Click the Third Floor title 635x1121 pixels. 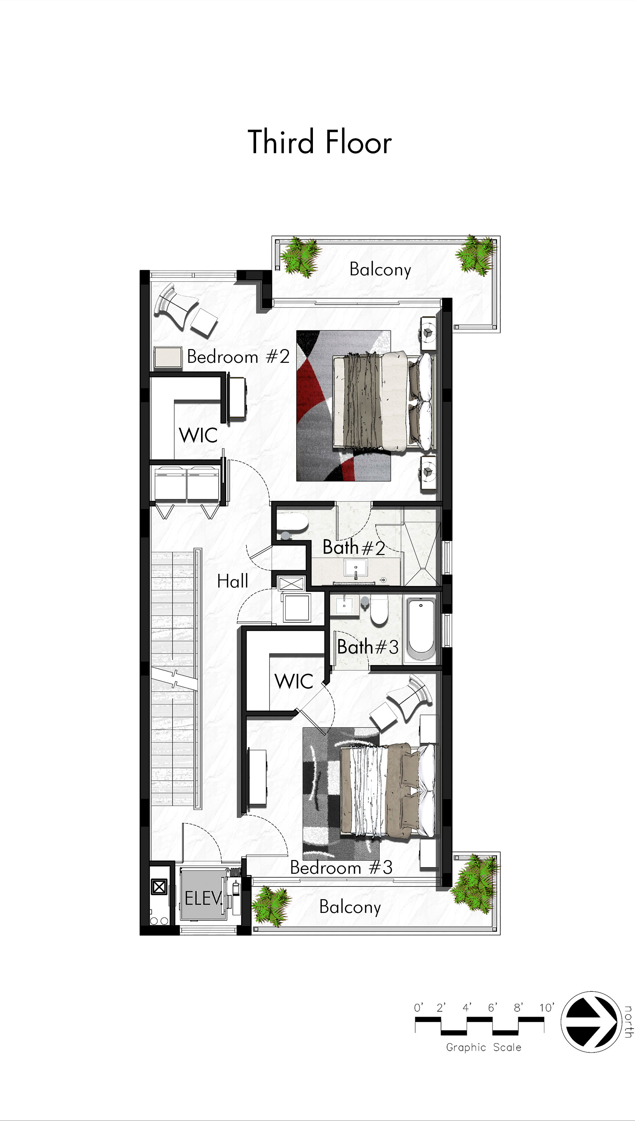(x=320, y=142)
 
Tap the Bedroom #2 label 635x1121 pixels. (x=238, y=357)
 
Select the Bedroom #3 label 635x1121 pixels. (x=341, y=867)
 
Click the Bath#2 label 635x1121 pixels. (x=354, y=547)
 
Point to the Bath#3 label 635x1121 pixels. (x=368, y=647)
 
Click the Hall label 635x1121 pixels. (x=232, y=581)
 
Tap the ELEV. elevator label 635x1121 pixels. (x=203, y=898)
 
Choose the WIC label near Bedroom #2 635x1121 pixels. (x=198, y=435)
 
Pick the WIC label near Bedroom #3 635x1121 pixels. (x=294, y=681)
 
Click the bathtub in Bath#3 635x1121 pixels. (x=421, y=629)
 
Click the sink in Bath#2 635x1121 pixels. (x=356, y=568)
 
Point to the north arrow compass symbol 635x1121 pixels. (x=590, y=1022)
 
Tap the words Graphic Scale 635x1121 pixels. (x=483, y=1047)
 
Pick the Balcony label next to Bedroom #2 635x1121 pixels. (x=380, y=269)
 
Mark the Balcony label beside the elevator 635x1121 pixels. (x=350, y=907)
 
